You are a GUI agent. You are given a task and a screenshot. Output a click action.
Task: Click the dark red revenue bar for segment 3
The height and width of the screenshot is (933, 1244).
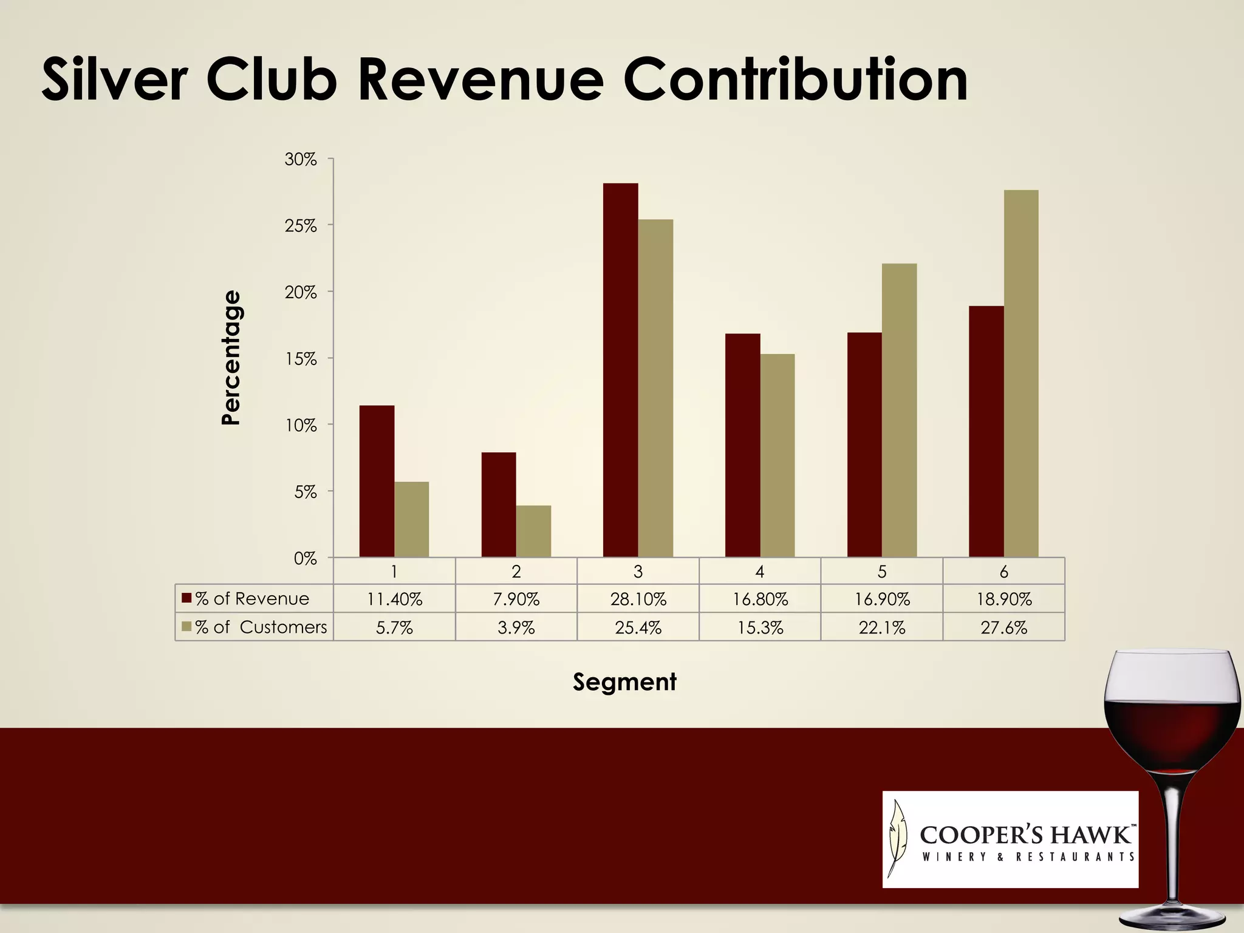pos(620,371)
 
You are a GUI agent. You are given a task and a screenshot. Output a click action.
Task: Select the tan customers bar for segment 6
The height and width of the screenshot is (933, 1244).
pos(1021,374)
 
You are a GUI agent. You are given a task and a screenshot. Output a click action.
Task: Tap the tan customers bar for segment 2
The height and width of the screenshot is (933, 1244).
pos(533,531)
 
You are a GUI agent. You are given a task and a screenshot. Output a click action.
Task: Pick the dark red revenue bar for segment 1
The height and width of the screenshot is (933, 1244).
pos(377,481)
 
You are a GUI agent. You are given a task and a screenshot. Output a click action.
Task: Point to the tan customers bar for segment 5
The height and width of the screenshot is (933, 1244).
pos(899,410)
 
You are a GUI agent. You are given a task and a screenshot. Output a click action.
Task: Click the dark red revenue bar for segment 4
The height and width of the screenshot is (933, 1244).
pos(742,445)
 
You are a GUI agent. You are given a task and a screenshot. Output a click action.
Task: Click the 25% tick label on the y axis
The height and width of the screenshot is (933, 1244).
pos(301,226)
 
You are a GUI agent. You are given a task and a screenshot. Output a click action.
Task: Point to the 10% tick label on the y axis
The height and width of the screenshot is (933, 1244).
pos(301,426)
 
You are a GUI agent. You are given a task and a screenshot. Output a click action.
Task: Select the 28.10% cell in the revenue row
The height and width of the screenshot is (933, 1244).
pos(638,600)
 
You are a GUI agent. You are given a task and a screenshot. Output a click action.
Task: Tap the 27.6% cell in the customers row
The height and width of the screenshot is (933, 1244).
pos(1003,627)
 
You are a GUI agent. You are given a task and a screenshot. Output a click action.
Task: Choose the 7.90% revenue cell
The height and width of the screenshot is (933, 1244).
pos(516,600)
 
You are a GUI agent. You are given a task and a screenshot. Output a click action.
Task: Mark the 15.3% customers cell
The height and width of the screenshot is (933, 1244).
pos(760,627)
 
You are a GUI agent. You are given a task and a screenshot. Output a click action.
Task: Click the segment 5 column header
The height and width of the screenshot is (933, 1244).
pos(882,572)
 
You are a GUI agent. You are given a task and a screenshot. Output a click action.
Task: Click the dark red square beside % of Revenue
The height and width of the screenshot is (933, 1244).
pos(186,599)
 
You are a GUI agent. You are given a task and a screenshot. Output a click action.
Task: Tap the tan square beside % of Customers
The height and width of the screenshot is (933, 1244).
pos(186,626)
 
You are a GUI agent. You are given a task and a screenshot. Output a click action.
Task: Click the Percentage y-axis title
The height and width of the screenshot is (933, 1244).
pos(231,358)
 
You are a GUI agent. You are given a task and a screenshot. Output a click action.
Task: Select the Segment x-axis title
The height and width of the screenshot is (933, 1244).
pos(624,682)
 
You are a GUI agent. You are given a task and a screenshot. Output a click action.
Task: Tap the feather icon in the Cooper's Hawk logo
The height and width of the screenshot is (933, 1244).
pos(897,837)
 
